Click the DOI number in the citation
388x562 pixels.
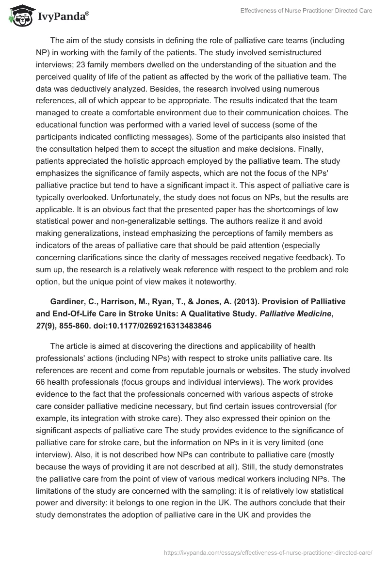(x=168, y=326)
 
